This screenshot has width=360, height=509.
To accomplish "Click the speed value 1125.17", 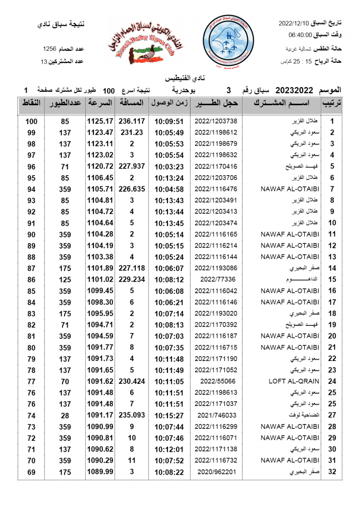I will [100, 121].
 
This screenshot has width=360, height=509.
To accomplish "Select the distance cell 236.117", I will [132, 121].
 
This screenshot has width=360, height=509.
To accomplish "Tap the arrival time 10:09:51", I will [169, 121].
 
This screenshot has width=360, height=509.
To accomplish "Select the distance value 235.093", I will [132, 416].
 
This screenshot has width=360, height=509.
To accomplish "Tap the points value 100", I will [31, 121].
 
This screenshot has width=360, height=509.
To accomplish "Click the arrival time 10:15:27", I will [169, 416].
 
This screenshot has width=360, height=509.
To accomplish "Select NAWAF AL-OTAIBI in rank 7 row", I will [290, 189].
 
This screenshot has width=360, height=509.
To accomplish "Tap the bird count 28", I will [65, 416].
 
